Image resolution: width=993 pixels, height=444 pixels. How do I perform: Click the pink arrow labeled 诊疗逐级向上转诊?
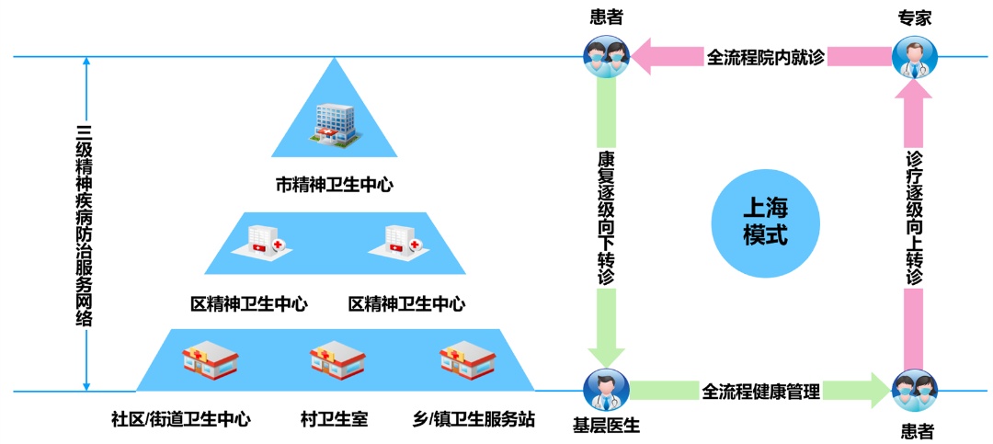click(x=914, y=221)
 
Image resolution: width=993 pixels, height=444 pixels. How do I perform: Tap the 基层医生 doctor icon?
click(x=605, y=390)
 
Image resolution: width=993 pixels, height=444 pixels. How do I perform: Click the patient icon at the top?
click(x=605, y=55)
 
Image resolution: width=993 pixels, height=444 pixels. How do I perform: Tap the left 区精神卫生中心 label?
click(x=248, y=303)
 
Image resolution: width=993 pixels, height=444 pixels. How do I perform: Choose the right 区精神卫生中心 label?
click(x=406, y=303)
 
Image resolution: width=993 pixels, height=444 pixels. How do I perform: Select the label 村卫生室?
click(x=334, y=419)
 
